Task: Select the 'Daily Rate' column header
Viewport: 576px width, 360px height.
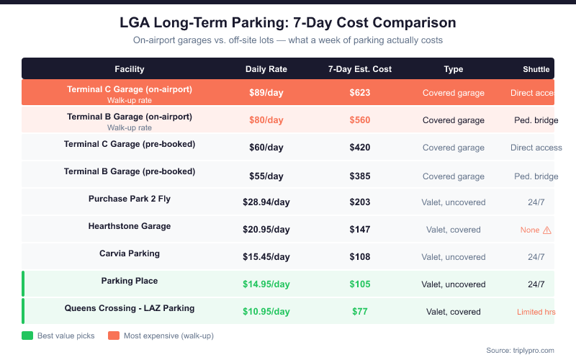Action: coord(266,69)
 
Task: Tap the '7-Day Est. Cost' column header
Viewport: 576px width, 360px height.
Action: coord(360,69)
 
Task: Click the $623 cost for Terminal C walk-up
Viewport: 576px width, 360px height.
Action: coord(360,93)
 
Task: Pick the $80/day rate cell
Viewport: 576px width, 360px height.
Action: coord(266,120)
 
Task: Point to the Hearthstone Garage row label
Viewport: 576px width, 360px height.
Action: coord(130,226)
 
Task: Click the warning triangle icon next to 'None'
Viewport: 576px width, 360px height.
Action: coord(547,230)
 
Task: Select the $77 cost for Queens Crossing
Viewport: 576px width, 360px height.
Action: coord(360,312)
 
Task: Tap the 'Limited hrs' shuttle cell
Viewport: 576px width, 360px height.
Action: coord(536,312)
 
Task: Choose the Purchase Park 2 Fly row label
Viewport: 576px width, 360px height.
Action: coord(130,199)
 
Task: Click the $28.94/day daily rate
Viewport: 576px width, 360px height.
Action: coord(266,202)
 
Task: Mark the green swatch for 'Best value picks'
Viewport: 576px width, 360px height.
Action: coord(27,336)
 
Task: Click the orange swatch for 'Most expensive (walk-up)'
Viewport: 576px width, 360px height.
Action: coord(113,336)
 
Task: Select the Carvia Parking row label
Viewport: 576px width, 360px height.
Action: coord(130,253)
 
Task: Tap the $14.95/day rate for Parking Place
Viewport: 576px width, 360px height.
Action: coord(266,284)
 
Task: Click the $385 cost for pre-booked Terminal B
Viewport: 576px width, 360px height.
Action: coord(360,176)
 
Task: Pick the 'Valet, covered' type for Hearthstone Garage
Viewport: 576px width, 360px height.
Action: coord(454,230)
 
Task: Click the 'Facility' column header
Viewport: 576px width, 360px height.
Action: coord(130,69)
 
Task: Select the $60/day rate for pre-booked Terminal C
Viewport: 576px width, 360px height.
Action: coord(266,148)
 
